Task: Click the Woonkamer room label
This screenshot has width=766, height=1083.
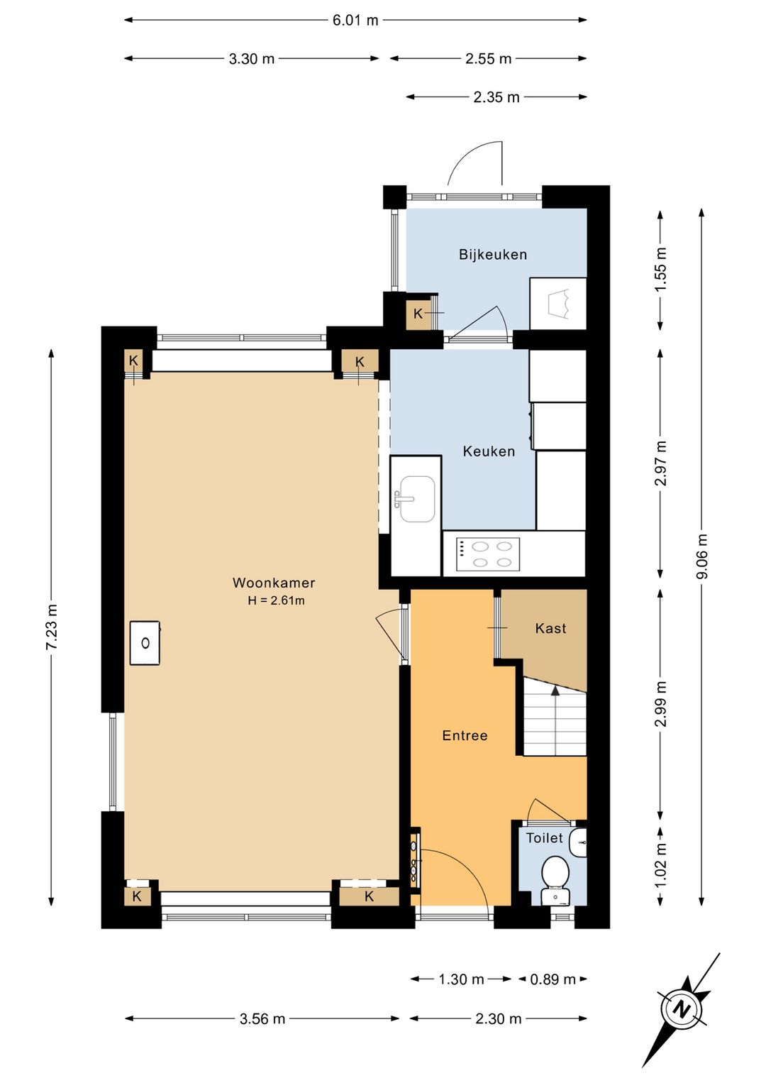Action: click(x=274, y=583)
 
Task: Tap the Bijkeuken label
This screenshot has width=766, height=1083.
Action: click(x=492, y=255)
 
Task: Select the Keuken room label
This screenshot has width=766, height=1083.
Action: click(x=489, y=451)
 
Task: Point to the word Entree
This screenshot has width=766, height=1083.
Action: click(x=465, y=735)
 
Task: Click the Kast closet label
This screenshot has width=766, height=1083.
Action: click(x=550, y=628)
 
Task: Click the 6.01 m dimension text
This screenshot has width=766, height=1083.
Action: click(x=355, y=21)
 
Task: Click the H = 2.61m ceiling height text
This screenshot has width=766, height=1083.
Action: click(x=276, y=601)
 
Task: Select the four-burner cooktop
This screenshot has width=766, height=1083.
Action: click(x=488, y=554)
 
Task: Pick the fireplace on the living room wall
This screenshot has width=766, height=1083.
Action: click(x=145, y=643)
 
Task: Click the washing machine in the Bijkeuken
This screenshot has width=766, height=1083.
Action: click(x=557, y=304)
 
